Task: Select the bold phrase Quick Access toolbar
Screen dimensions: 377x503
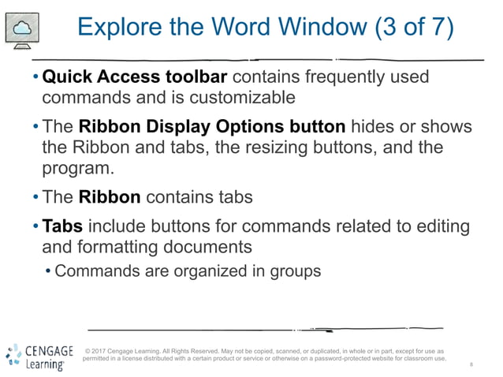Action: click(x=135, y=78)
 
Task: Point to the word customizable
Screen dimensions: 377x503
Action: click(x=222, y=98)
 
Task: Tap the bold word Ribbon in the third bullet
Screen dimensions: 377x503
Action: click(x=110, y=197)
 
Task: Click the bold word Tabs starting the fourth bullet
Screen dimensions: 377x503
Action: click(x=61, y=227)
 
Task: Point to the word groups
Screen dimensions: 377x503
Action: click(x=294, y=271)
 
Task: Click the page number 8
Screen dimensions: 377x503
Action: click(x=471, y=365)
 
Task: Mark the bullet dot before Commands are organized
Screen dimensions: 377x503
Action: click(x=49, y=272)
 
